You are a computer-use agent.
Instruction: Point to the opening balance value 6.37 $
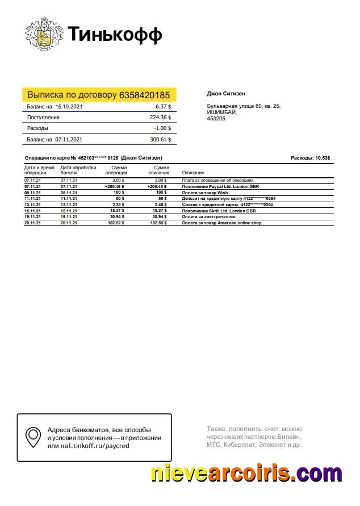coord(163,106)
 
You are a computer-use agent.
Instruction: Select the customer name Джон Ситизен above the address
coord(225,94)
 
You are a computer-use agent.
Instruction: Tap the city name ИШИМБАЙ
coord(221,112)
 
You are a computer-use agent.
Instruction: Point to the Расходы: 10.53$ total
coord(310,158)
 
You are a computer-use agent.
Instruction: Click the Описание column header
coord(193,173)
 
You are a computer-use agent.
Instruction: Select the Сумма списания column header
coord(160,170)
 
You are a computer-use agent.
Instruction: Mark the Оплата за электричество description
coord(210,217)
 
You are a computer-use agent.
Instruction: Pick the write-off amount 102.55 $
coord(158,223)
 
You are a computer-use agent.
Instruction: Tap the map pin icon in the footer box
coord(33,437)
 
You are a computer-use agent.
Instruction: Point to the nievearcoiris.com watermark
coord(246,472)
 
